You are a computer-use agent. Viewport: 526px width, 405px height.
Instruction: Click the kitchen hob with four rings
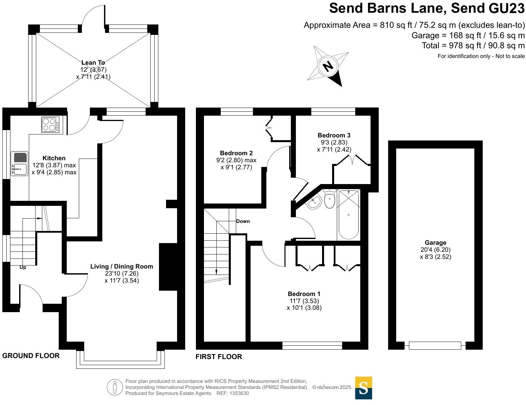[x=50, y=124]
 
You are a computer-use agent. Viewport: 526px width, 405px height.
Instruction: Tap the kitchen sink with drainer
[x=19, y=163]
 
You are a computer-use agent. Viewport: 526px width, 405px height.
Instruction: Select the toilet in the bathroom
[x=330, y=199]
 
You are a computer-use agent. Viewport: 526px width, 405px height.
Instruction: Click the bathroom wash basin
[x=314, y=202]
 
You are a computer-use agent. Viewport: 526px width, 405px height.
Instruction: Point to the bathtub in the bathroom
[x=349, y=215]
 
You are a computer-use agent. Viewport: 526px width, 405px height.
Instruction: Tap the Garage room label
[x=435, y=243]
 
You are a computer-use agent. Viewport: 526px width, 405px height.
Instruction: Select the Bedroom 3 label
[x=334, y=135]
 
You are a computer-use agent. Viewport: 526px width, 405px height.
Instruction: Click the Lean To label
[x=93, y=63]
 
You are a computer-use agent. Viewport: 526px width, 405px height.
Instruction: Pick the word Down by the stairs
[x=243, y=221]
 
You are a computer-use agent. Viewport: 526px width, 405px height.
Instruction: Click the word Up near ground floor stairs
[x=23, y=268]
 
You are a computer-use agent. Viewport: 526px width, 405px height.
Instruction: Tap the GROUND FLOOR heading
[x=31, y=356]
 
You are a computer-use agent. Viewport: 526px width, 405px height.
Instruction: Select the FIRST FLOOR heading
[x=219, y=357]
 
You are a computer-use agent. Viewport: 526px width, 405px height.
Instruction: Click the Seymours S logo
[x=364, y=388]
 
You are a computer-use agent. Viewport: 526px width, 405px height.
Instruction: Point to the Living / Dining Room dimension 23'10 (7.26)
[x=121, y=274]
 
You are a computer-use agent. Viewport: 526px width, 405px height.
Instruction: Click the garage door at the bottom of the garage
[x=435, y=345]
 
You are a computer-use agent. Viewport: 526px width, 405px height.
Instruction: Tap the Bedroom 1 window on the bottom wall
[x=312, y=345]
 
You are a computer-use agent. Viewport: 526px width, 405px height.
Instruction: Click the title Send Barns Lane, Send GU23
[x=427, y=8]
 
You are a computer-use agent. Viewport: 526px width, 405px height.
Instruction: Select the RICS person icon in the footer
[x=115, y=387]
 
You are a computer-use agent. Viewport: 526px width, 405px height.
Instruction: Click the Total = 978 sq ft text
[x=473, y=46]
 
